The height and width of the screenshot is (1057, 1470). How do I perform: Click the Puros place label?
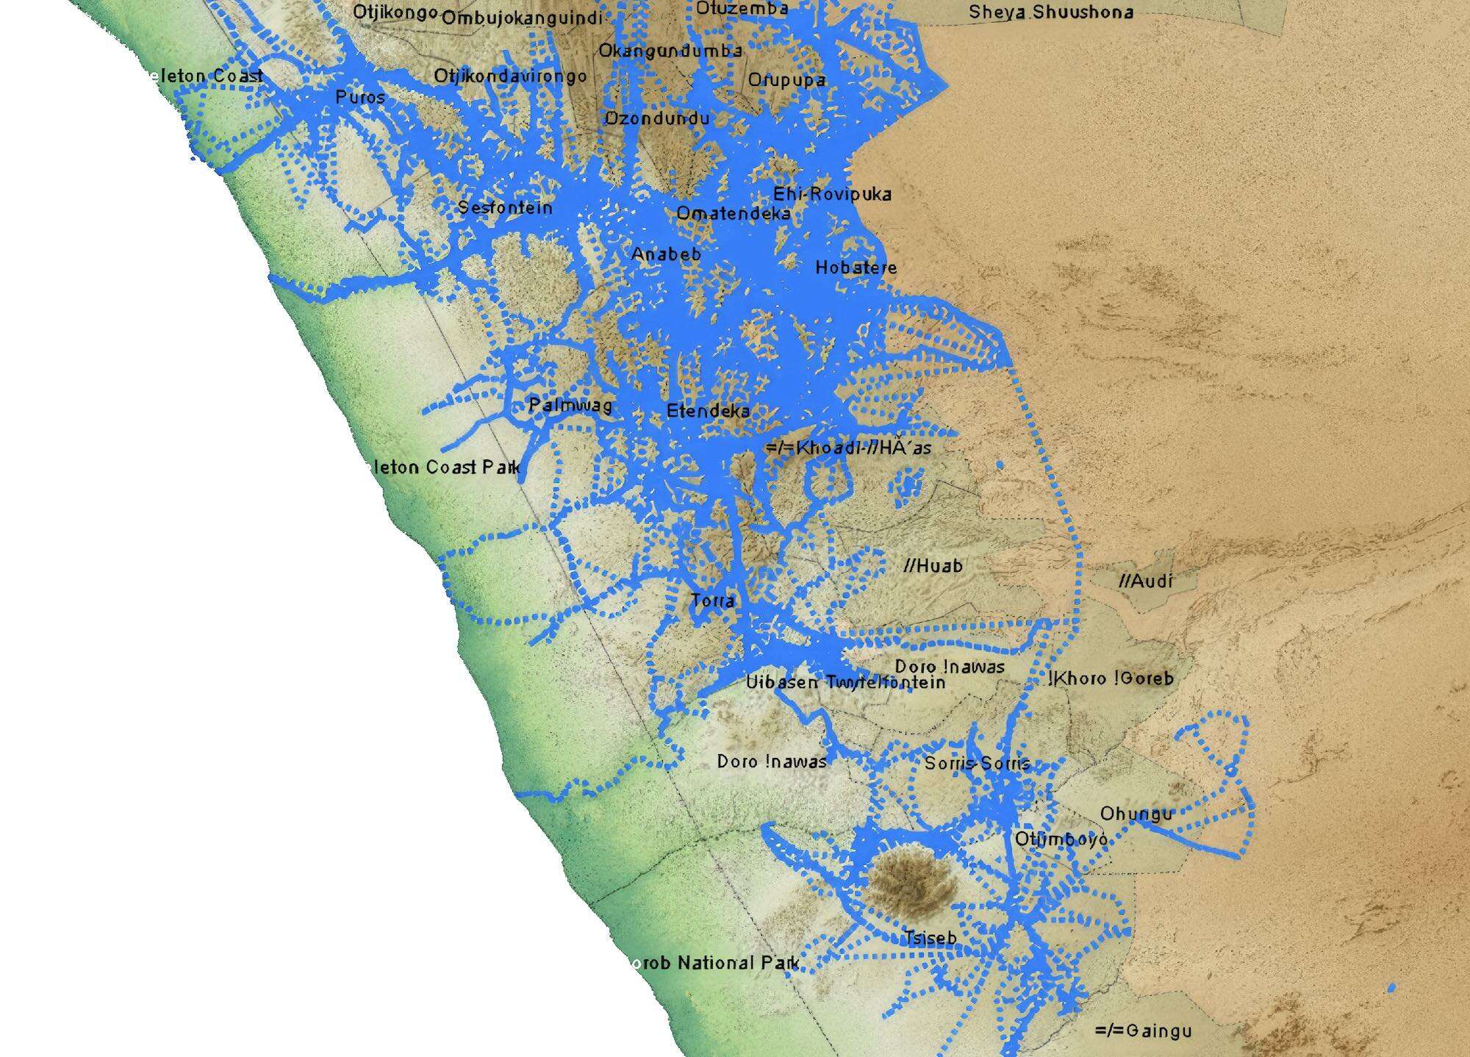click(359, 97)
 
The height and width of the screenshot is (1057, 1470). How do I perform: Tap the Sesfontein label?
click(505, 208)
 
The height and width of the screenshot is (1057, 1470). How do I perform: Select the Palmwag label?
click(570, 405)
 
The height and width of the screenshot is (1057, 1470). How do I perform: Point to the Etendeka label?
click(708, 411)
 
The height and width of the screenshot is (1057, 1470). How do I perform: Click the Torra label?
click(712, 601)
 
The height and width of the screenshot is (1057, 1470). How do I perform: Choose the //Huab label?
click(933, 565)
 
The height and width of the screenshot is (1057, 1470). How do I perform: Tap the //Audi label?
click(1146, 581)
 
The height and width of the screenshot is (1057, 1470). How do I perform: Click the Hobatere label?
click(856, 268)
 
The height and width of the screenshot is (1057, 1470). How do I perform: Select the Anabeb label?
click(666, 254)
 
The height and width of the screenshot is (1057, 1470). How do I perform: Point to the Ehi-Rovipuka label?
click(832, 195)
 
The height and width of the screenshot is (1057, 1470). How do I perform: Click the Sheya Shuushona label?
click(1050, 12)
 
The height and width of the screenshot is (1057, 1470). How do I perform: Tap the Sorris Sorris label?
click(977, 764)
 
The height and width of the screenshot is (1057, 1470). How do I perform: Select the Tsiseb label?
click(930, 938)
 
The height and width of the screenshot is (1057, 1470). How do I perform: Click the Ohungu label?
click(1136, 814)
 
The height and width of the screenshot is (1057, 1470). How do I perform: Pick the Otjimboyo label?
click(1061, 839)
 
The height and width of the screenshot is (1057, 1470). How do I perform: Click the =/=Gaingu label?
click(1143, 1031)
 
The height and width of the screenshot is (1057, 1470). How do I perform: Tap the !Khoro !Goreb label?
click(1112, 678)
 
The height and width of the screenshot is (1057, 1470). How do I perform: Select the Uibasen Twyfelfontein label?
click(845, 683)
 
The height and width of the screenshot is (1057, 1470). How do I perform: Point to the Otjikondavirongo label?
click(510, 76)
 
